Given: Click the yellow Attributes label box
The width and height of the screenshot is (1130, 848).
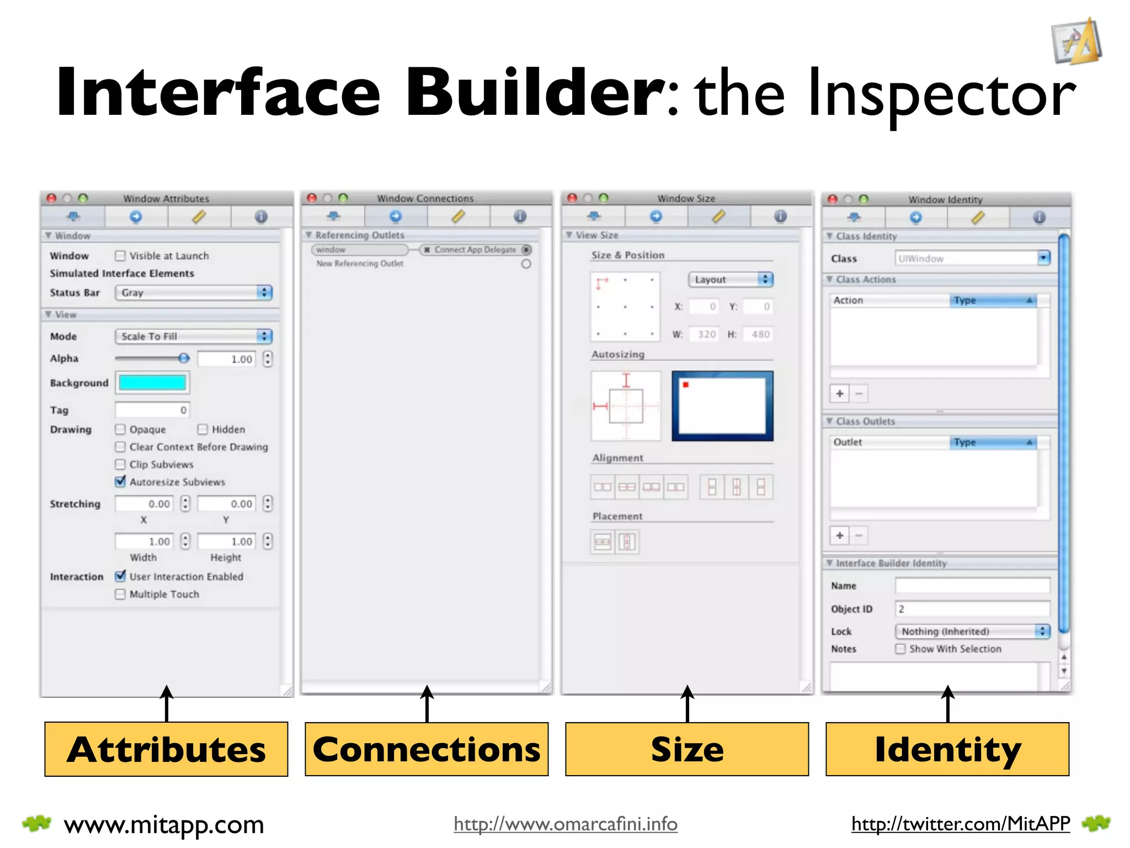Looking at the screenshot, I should coord(166,749).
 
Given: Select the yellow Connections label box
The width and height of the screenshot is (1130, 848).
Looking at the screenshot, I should coord(427,749).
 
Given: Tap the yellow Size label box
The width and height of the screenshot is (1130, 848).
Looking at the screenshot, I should coord(687,749).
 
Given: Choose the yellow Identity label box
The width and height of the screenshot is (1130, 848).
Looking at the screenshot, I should coord(947,749).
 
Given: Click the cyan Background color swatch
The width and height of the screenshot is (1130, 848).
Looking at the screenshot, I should coord(152,383).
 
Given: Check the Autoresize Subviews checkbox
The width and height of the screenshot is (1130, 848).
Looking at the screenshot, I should coord(120,481).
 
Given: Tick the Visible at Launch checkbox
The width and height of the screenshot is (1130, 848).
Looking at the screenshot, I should coord(120,256).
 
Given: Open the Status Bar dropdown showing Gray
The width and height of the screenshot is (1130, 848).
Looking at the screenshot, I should coord(194,293).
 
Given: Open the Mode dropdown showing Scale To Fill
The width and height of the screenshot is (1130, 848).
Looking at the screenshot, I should coord(194,336).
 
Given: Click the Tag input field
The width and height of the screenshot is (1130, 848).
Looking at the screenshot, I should coord(152,410).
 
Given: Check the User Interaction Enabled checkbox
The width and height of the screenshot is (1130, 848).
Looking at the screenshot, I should coord(120,576).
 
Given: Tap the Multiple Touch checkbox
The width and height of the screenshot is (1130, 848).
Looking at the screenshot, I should coord(120,594).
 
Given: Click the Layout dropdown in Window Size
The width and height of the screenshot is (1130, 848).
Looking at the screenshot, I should coord(731,279).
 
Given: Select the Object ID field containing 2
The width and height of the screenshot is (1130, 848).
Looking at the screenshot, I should coord(972,609).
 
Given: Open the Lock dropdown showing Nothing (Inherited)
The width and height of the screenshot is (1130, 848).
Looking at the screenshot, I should coord(972,631).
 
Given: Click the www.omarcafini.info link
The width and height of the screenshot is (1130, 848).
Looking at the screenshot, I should coord(566,824).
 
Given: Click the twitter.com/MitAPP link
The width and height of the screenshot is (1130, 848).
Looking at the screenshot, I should coord(961,824).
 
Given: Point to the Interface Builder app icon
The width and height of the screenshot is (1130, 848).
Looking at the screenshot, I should coord(1076,41).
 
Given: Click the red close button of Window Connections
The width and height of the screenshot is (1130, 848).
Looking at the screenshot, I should coord(312,198).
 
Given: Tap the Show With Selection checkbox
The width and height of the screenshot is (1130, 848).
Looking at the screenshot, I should coord(900,649).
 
